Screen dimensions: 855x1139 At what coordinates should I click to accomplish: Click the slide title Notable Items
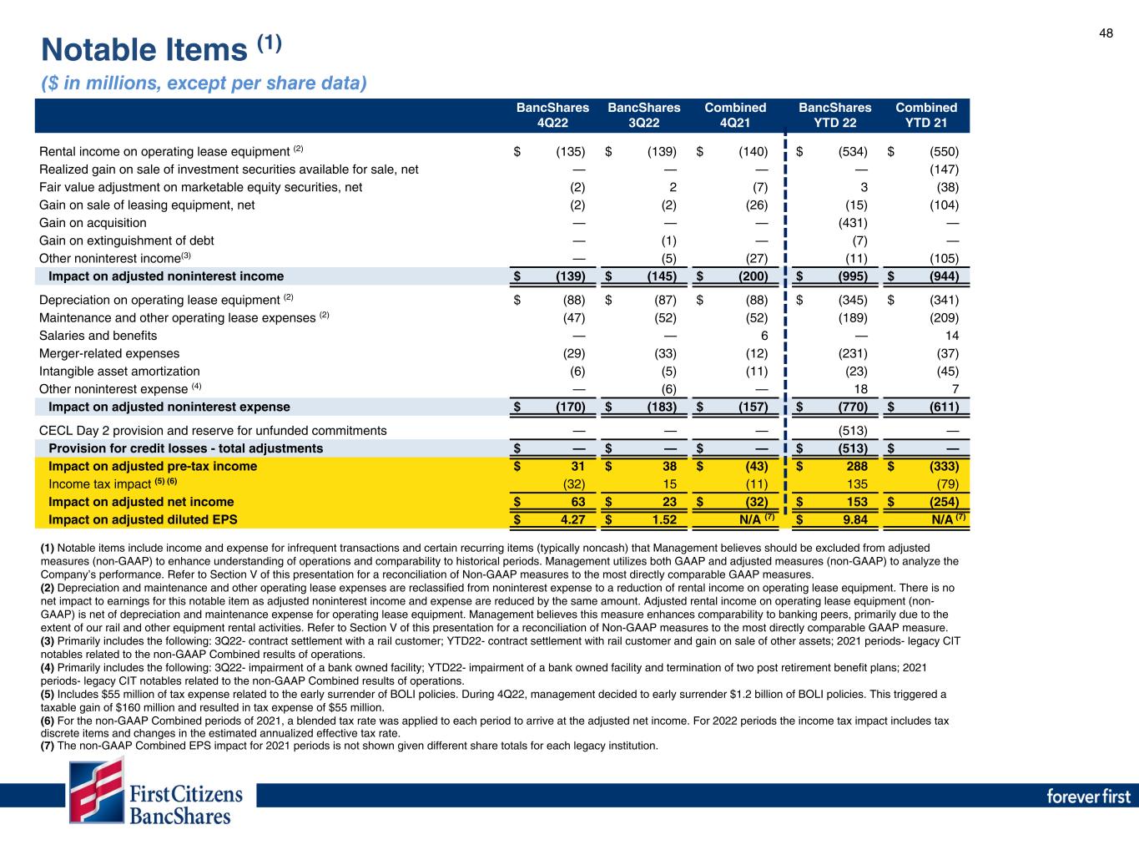click(x=145, y=51)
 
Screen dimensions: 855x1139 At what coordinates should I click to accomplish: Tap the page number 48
click(x=1106, y=33)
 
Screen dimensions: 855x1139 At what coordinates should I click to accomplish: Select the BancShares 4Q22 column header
click(x=552, y=116)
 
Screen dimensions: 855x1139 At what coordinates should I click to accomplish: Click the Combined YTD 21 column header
click(x=926, y=116)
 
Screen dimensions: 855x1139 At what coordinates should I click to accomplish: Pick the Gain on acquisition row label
click(x=93, y=223)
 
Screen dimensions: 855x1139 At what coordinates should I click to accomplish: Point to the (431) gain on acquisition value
click(x=853, y=223)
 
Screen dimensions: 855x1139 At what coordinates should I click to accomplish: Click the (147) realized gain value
click(x=944, y=169)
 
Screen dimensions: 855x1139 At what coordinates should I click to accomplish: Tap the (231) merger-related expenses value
click(x=853, y=353)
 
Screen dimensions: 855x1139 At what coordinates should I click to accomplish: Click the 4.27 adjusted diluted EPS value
click(x=572, y=519)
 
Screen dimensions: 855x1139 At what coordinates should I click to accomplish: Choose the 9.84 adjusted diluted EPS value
click(x=854, y=519)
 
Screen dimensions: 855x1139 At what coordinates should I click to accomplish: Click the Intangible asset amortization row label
click(x=119, y=371)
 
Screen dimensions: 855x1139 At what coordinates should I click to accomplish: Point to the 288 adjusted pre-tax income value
click(x=856, y=466)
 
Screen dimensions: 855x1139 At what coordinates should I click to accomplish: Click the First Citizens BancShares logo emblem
click(x=96, y=791)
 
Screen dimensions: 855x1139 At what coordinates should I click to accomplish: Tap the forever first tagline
click(x=1088, y=796)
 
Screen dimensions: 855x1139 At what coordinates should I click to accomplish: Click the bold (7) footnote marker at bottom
click(x=48, y=745)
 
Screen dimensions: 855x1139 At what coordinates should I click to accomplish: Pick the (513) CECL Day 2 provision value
click(x=853, y=431)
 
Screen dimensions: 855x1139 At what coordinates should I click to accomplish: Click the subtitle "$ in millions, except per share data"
click(x=204, y=83)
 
